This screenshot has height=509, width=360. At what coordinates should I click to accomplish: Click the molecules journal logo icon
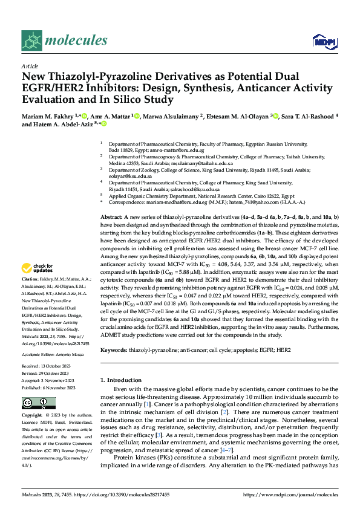click(31, 41)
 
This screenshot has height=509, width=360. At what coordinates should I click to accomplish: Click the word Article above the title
click(30, 66)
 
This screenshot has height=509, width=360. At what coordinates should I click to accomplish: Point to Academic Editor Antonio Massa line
click(52, 354)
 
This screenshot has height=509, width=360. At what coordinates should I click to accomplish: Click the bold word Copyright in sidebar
click(33, 417)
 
